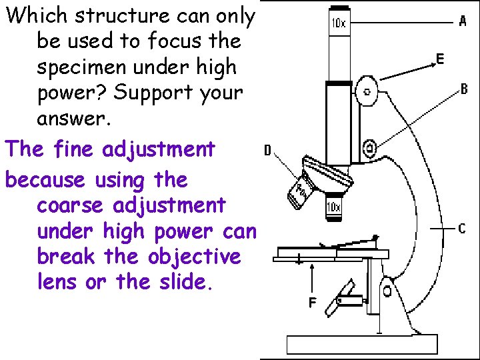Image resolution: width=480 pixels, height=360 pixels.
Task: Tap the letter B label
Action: tap(464, 89)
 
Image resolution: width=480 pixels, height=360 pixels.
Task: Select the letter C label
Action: tap(462, 229)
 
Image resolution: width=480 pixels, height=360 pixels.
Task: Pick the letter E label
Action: tap(440, 59)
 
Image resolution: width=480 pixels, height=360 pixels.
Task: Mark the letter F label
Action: tap(312, 303)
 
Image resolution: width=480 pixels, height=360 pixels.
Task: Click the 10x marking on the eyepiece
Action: tap(339, 23)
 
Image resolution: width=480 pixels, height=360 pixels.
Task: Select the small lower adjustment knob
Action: tap(369, 147)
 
